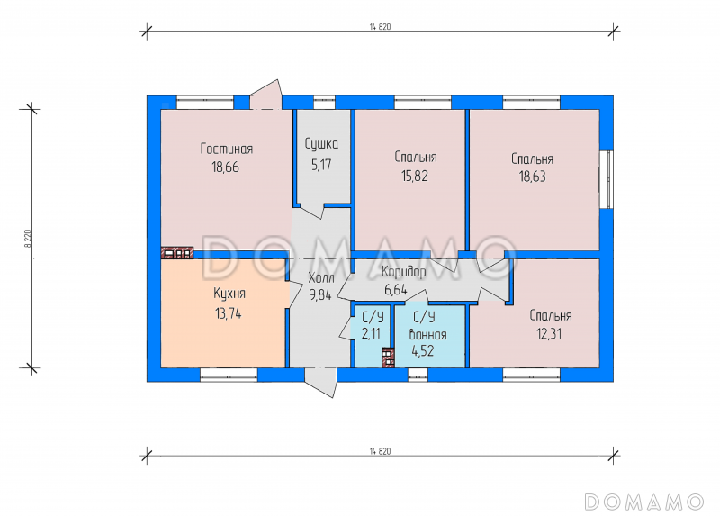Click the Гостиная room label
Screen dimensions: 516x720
[226, 149]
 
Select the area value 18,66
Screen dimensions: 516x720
[226, 167]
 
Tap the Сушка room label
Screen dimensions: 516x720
[321, 143]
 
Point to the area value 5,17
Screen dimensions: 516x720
[321, 163]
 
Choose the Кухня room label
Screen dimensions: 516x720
[229, 294]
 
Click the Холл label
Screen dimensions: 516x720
[320, 277]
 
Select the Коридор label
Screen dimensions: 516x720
[403, 272]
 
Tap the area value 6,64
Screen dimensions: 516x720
[396, 289]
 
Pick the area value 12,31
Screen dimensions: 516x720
[551, 333]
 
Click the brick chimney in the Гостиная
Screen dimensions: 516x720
[176, 253]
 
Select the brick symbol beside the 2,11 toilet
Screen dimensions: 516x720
[388, 358]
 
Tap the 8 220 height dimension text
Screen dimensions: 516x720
[28, 239]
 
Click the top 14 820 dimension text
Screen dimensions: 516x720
[379, 26]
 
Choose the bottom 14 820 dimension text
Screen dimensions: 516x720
[379, 448]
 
